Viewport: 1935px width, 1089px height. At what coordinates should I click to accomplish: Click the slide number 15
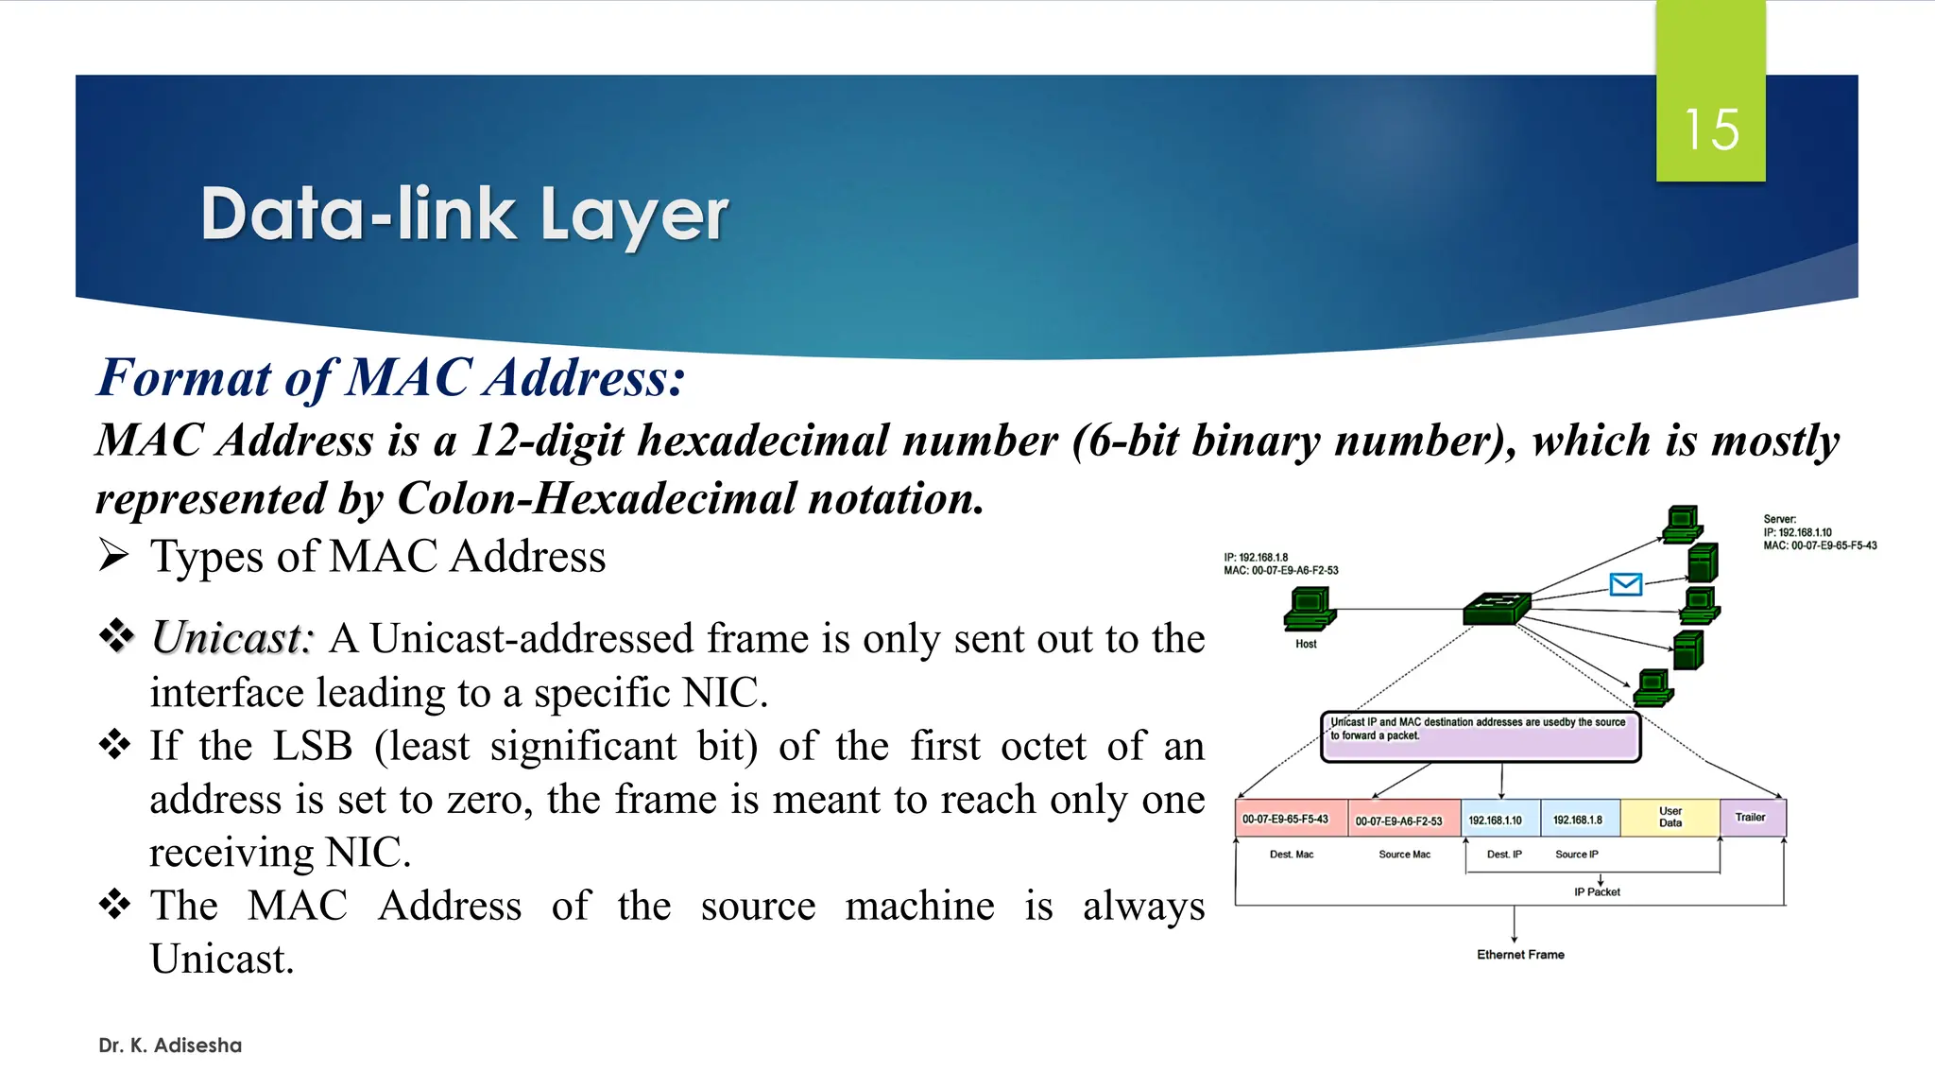(1711, 130)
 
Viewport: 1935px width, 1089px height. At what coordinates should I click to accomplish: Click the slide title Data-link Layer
(464, 215)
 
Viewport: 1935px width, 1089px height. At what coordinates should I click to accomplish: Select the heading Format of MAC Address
(391, 377)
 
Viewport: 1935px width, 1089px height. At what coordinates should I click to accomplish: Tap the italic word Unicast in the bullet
(231, 638)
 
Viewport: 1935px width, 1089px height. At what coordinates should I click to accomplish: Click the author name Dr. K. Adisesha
(170, 1046)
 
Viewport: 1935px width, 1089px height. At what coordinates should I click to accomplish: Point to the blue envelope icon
(1625, 584)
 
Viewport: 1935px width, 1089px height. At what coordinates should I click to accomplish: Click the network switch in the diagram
(1496, 608)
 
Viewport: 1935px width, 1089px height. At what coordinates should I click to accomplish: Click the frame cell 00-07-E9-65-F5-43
(1290, 819)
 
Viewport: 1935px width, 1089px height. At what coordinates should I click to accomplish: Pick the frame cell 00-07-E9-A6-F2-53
(1403, 820)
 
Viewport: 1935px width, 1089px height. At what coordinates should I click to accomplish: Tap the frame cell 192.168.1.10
(1499, 820)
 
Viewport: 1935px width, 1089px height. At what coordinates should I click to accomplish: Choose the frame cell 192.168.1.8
(1579, 820)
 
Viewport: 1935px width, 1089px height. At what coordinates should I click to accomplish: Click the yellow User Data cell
(1670, 818)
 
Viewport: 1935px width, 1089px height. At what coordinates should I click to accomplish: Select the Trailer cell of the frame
(1752, 818)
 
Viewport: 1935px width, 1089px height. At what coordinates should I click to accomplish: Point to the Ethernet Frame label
(1520, 955)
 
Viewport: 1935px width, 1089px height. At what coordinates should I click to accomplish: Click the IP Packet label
(1597, 891)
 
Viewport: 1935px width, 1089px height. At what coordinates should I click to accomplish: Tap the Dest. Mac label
(1292, 855)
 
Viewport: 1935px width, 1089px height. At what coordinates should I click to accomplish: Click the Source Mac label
(1404, 855)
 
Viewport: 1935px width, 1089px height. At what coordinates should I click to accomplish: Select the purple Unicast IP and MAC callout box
(1480, 737)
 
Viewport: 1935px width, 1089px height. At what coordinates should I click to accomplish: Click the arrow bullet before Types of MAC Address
(113, 556)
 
